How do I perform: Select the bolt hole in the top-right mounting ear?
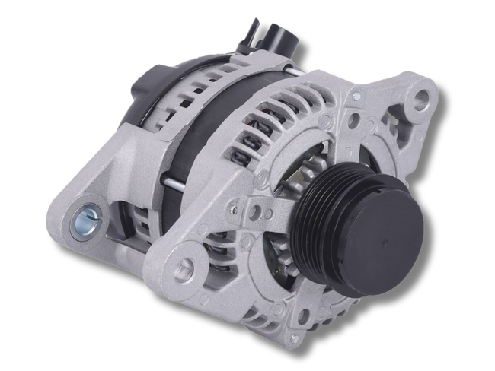[x=420, y=97]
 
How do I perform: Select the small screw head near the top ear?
[x=356, y=98]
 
